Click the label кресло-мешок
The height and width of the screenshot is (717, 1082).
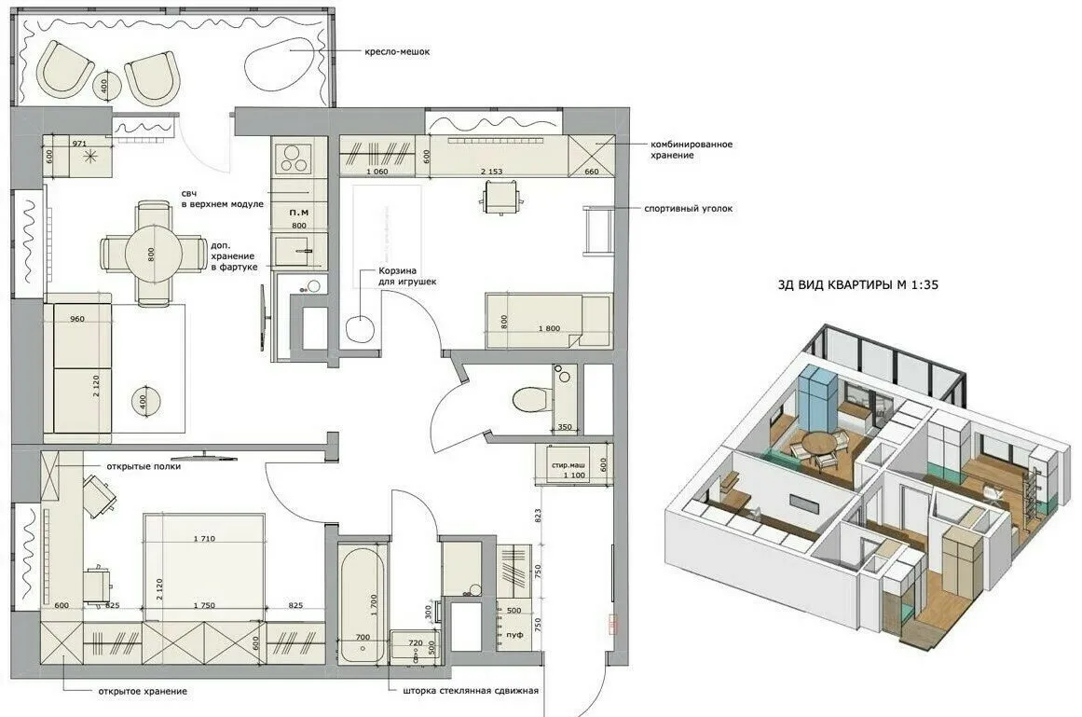pyautogui.click(x=398, y=53)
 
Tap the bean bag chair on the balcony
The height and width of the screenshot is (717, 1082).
pyautogui.click(x=281, y=65)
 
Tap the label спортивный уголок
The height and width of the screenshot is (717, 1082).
pyautogui.click(x=688, y=209)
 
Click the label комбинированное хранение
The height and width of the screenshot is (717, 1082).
pyautogui.click(x=691, y=150)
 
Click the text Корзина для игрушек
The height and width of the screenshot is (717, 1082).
pyautogui.click(x=406, y=275)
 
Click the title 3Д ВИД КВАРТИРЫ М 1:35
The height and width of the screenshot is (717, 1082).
pyautogui.click(x=856, y=286)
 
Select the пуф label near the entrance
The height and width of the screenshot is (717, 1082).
pyautogui.click(x=513, y=634)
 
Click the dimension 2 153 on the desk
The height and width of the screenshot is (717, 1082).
pyautogui.click(x=491, y=172)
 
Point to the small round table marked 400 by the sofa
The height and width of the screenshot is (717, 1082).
pyautogui.click(x=145, y=400)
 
